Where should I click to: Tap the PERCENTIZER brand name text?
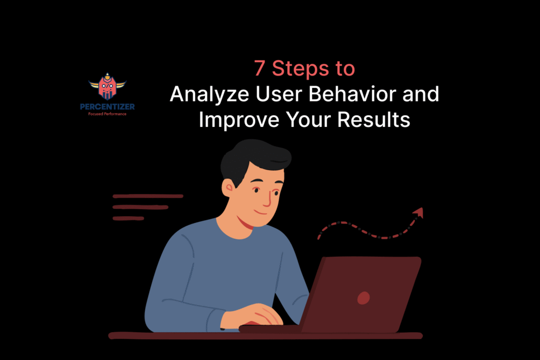coord(108,106)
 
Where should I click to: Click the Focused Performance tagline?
coord(108,114)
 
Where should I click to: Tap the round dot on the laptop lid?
coord(363,298)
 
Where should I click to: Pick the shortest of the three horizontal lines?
coord(128,218)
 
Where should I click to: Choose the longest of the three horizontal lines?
coord(148,196)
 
